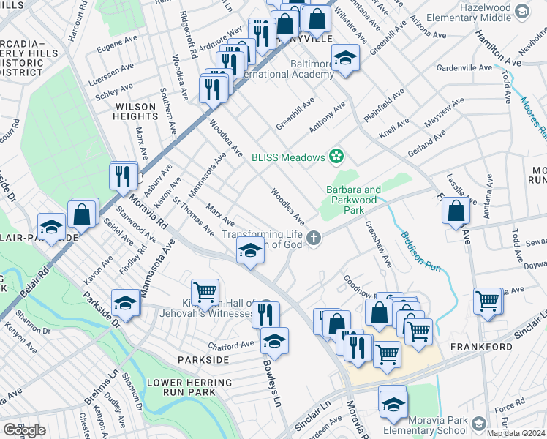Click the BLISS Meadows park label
pyautogui.click(x=287, y=157)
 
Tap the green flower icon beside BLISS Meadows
pyautogui.click(x=336, y=156)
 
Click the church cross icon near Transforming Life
pyautogui.click(x=314, y=238)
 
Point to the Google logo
pyautogui.click(x=24, y=430)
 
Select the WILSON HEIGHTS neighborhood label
pyautogui.click(x=136, y=111)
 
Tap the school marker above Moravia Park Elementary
pyautogui.click(x=393, y=402)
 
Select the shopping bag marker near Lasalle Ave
pyautogui.click(x=456, y=210)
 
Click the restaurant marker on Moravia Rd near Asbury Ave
pyautogui.click(x=122, y=176)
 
